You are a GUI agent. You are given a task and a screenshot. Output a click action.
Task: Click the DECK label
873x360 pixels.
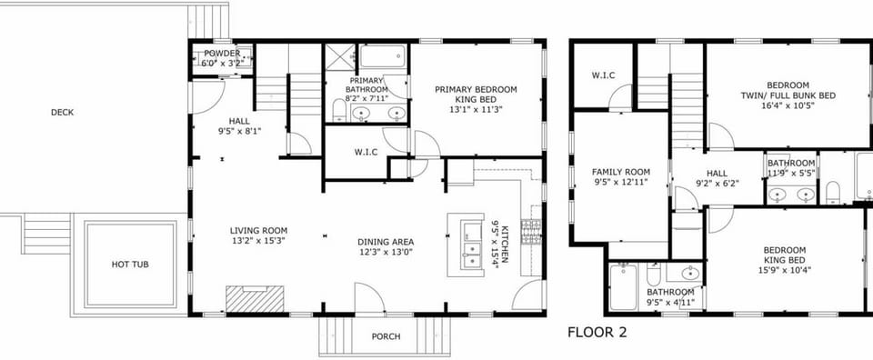tap(62, 113)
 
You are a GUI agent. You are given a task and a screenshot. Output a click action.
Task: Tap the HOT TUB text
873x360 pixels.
tap(130, 265)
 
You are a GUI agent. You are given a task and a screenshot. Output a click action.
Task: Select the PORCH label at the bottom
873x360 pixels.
tap(386, 336)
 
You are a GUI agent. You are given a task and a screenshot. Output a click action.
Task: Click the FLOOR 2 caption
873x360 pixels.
tap(597, 333)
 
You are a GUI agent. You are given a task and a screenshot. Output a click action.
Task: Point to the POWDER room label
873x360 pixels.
tap(222, 54)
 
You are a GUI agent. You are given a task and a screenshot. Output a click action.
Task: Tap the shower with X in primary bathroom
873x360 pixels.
tap(339, 55)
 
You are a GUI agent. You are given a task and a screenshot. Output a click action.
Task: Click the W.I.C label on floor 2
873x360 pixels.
tap(605, 75)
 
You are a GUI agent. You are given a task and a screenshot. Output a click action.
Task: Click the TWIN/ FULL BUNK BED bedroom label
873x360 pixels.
tap(787, 95)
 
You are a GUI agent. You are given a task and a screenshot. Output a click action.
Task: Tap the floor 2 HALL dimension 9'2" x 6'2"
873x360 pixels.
tap(717, 183)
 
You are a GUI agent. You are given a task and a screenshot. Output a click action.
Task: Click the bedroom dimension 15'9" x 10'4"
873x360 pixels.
tap(785, 269)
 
